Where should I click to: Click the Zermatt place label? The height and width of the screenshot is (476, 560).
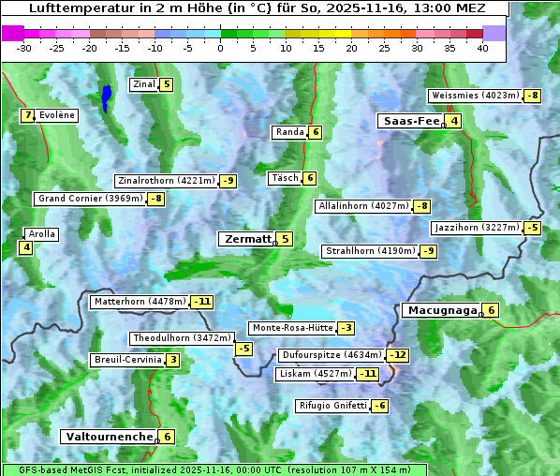247,239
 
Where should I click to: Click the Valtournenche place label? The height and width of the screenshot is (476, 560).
108,437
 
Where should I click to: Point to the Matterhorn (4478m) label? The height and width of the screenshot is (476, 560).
140,302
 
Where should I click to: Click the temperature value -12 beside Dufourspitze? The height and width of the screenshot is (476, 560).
399,355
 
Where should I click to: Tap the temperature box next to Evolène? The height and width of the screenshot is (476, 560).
28,115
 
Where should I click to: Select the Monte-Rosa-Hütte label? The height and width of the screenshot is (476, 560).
291,328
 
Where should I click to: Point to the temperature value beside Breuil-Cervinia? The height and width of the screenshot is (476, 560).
173,360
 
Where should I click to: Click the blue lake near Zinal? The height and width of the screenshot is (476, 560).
107,97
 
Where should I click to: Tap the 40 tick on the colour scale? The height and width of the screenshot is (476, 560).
482,48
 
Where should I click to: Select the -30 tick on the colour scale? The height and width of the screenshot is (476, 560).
24,48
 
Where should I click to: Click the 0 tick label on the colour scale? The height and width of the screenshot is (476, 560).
220,48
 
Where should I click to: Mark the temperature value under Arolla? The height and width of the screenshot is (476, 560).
26,247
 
